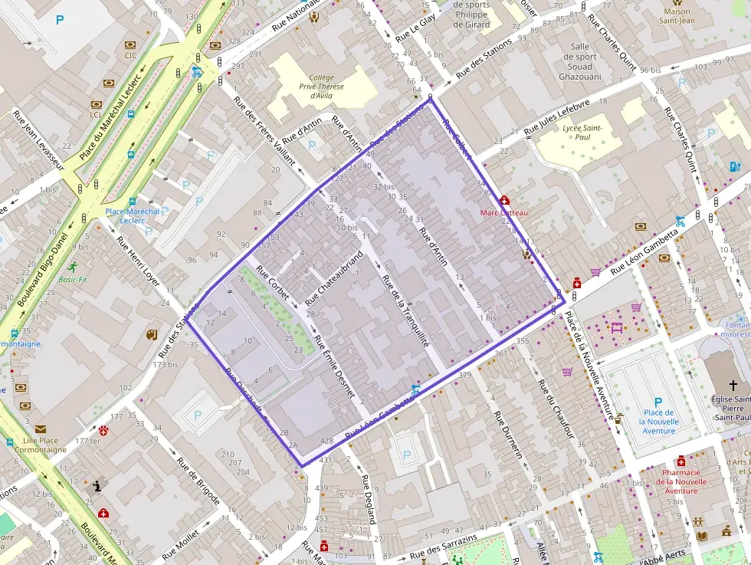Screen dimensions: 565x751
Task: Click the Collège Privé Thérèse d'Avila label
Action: [322, 87]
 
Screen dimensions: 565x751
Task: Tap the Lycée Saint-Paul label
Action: [583, 132]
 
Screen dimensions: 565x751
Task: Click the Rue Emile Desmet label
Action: [334, 366]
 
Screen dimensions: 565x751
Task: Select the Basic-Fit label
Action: [73, 279]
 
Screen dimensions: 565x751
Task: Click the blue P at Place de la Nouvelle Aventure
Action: [658, 402]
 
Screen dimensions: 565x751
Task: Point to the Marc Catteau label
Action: [503, 212]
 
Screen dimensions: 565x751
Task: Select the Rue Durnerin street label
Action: [507, 435]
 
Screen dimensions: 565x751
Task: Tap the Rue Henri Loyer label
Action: [139, 260]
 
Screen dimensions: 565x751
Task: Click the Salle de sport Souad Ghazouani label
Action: [580, 61]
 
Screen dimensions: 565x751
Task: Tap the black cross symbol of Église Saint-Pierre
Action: [733, 385]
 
